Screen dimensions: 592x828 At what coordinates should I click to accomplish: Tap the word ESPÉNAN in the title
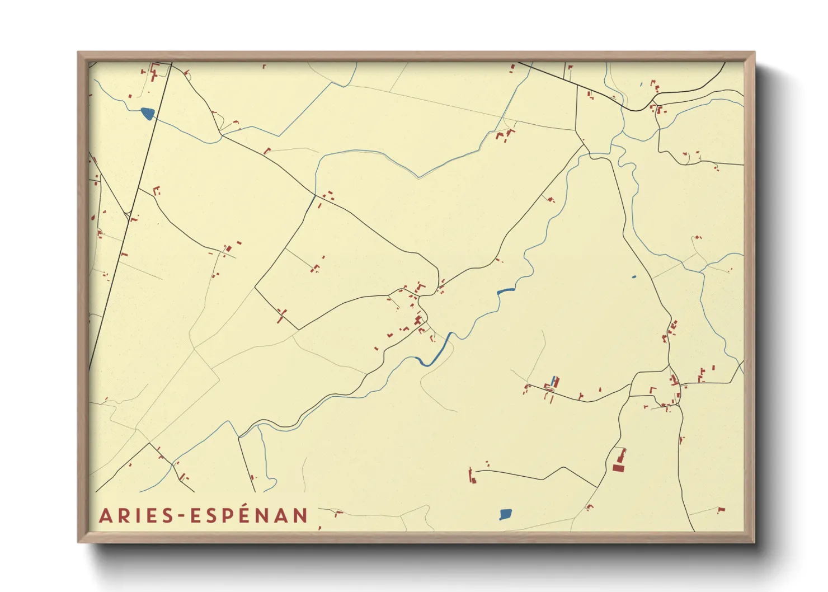[x=250, y=515]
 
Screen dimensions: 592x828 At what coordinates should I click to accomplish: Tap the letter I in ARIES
[x=137, y=516]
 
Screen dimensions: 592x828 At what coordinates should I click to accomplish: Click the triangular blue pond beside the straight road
[x=147, y=114]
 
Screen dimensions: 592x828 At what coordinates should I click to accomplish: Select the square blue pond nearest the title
[x=505, y=514]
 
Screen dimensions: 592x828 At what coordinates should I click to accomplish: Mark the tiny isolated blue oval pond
[x=633, y=276]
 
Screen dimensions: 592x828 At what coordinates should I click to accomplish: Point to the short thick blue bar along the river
[x=506, y=290]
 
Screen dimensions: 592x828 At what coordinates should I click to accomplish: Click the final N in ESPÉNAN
[x=301, y=516]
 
